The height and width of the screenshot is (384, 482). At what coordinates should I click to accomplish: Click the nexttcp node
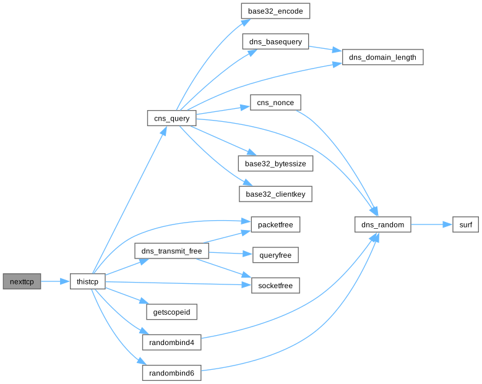coord(22,281)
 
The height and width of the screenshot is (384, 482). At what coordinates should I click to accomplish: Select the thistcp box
coord(87,281)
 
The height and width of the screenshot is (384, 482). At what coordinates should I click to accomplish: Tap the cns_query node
coord(172,117)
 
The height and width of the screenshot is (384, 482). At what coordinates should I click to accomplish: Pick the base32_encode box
coord(275,11)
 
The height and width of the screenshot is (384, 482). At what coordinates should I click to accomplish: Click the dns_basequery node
coord(275,42)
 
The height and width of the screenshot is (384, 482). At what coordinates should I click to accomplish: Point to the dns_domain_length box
coord(383,58)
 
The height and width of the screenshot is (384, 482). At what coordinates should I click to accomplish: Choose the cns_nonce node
coord(275,102)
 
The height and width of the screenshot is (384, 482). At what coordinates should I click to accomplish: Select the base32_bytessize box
coord(275,163)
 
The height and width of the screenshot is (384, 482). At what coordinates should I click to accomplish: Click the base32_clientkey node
coord(275,194)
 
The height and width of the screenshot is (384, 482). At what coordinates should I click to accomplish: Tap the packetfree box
coord(275,224)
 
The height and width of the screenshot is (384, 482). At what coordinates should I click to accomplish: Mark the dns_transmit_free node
coord(171,251)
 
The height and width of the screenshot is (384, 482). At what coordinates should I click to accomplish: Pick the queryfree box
coord(275,254)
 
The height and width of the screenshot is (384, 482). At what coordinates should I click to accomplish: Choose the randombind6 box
coord(172,373)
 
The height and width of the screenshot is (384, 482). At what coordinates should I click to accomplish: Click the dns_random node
coord(383,224)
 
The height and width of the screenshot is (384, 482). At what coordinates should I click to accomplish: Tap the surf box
coord(465,224)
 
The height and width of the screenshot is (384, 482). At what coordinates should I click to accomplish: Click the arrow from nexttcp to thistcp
coord(55,281)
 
